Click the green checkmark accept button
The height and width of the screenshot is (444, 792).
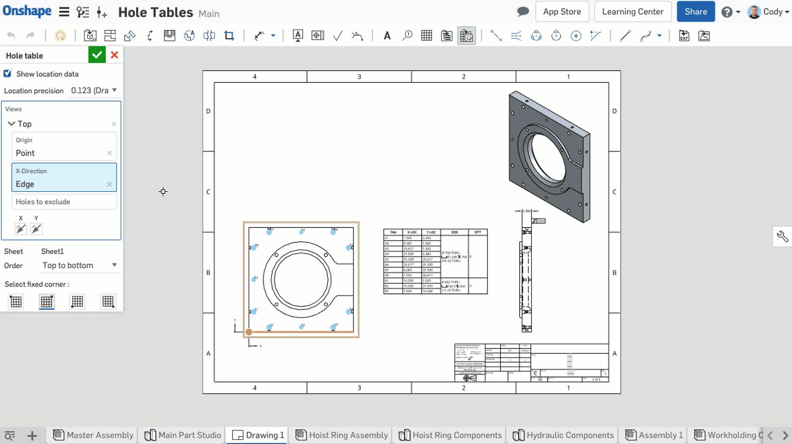[x=96, y=55]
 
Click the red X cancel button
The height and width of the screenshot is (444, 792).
[x=114, y=55]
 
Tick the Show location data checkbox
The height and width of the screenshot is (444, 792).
[x=8, y=74]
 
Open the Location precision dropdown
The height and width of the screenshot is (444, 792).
[x=94, y=90]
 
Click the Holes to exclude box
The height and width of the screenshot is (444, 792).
[x=64, y=202]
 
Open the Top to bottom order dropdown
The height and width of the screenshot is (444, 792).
[x=79, y=265]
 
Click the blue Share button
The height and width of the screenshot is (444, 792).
[x=696, y=11]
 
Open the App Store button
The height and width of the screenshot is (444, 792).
[x=562, y=11]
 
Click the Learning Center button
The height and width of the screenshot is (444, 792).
[x=633, y=11]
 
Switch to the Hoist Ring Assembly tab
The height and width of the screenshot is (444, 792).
[x=342, y=435]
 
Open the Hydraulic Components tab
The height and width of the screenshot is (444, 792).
[x=564, y=435]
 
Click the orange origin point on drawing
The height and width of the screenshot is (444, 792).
[x=249, y=332]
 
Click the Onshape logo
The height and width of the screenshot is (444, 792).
[x=27, y=11]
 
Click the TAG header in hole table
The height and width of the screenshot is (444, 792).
[x=393, y=232]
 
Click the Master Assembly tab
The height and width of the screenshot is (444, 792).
[x=94, y=435]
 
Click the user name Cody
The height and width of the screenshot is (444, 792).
[x=772, y=11]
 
